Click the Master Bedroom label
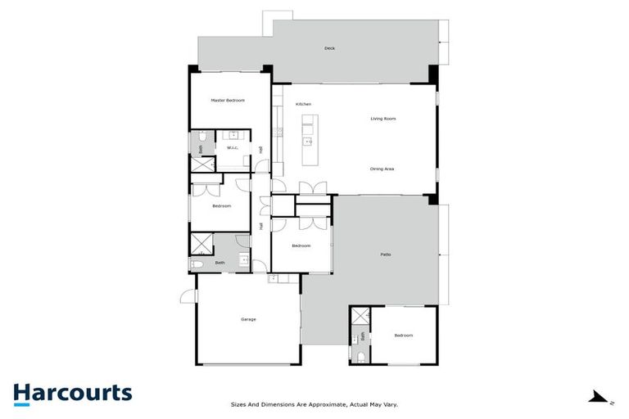228,101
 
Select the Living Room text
382,119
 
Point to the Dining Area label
382,169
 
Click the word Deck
330,48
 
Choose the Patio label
385,255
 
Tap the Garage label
248,319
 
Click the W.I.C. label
233,148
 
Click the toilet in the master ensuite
197,148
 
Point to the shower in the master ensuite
201,164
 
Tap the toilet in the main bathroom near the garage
197,265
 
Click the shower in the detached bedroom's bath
360,316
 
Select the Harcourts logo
72,393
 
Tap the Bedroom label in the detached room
403,336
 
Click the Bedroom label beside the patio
301,246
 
